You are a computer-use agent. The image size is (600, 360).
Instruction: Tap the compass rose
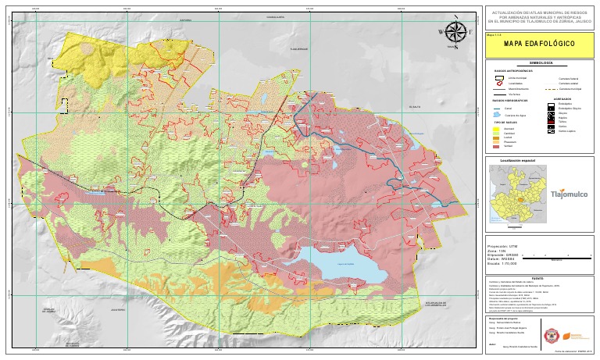456,33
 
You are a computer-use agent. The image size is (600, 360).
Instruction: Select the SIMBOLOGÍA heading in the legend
541,62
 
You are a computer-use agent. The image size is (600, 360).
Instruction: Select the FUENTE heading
537,277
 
